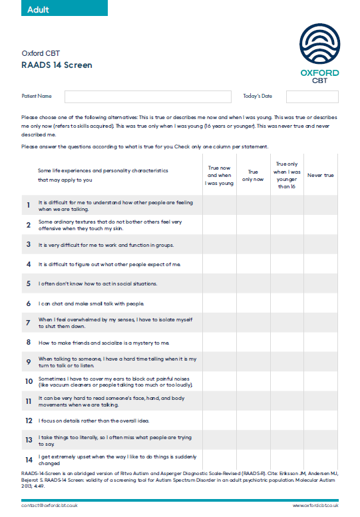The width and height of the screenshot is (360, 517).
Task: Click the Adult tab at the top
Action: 39,10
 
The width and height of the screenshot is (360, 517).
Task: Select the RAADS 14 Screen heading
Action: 57,65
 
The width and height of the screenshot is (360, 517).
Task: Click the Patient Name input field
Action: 148,96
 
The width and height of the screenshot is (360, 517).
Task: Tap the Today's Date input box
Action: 312,96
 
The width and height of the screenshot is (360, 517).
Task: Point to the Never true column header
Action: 320,176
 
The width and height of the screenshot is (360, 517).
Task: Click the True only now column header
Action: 253,176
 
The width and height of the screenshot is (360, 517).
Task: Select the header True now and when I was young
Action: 219,176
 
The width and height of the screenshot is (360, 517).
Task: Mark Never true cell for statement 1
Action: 320,205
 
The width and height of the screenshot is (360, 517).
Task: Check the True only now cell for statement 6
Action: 253,303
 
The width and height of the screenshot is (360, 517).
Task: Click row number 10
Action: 29,382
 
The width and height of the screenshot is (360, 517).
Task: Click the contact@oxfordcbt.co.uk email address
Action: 49,506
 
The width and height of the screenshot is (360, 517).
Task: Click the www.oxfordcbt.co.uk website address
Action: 315,506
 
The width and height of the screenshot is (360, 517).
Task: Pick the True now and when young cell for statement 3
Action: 219,244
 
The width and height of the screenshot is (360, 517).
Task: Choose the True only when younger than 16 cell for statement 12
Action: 286,421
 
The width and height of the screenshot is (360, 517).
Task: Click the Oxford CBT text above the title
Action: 41,53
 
